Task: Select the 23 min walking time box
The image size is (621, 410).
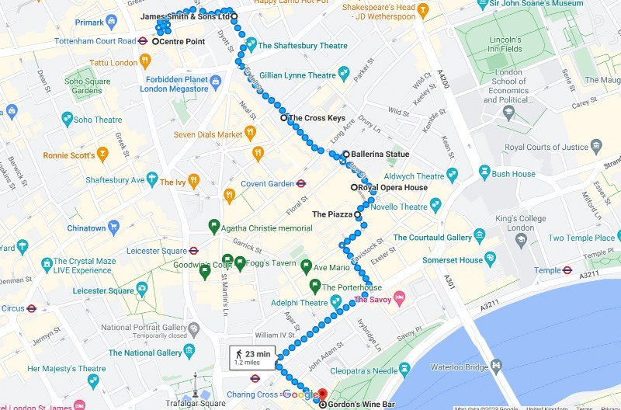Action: (x=253, y=358)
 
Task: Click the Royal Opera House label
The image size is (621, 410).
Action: (x=394, y=187)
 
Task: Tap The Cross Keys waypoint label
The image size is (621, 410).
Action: (x=317, y=118)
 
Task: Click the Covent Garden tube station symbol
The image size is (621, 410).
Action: (x=301, y=184)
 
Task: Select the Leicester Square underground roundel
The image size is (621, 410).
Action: (x=194, y=251)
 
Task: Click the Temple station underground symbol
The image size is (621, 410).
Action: (x=567, y=270)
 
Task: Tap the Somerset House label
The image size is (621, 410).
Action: (x=453, y=260)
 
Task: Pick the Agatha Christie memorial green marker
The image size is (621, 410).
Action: (x=214, y=228)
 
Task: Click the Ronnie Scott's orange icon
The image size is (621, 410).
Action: (x=102, y=155)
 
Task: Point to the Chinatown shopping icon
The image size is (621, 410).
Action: (x=114, y=228)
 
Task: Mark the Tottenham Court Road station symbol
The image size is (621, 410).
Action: (x=144, y=41)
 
